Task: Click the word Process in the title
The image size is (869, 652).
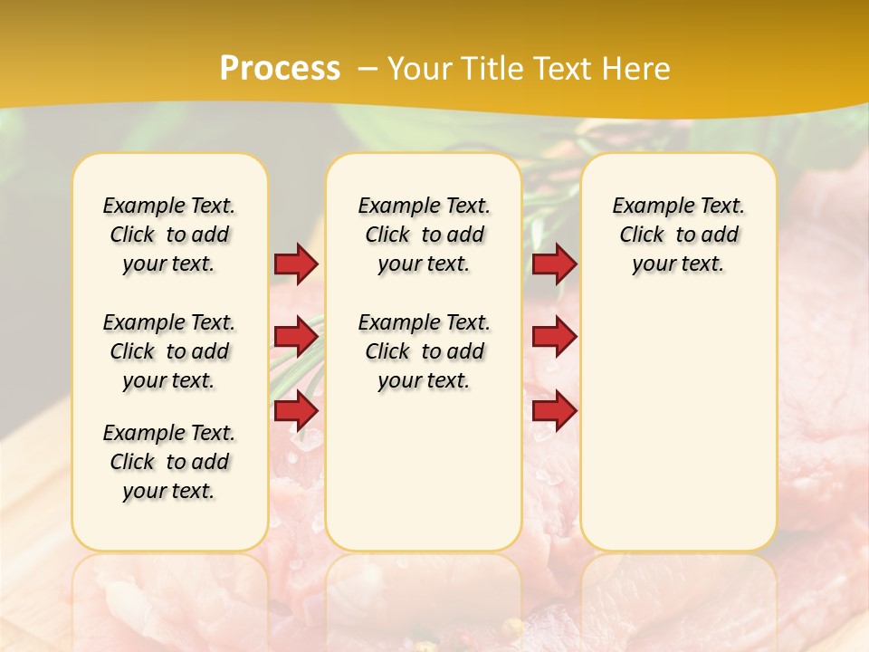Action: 280,68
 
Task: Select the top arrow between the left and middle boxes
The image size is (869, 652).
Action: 296,264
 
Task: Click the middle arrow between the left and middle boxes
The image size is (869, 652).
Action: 296,337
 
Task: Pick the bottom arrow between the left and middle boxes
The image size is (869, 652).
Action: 296,411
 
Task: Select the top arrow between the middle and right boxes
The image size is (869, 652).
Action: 554,264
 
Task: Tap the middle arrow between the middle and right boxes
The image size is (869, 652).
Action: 554,337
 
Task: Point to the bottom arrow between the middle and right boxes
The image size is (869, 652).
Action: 554,411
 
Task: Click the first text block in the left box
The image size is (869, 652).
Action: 169,235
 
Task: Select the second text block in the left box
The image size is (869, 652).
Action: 169,351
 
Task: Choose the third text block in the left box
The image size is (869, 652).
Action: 169,462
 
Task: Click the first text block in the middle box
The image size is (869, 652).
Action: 424,235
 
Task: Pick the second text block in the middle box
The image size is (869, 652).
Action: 424,351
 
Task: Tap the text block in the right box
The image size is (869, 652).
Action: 678,235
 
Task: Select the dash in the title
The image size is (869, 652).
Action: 367,68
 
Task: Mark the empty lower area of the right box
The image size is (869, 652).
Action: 678,426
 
